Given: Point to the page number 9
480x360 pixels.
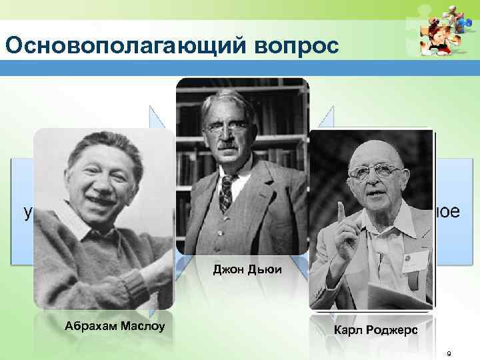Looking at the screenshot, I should coord(449,353).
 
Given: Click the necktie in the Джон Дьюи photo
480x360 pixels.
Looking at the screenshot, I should coord(226,189).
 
